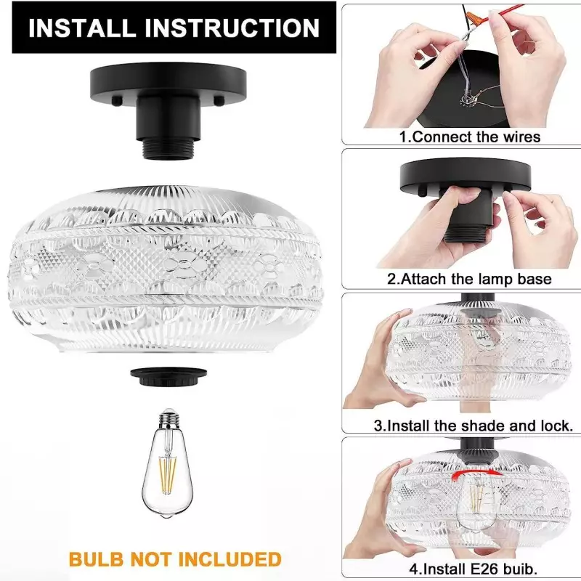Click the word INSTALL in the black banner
[x=82, y=28]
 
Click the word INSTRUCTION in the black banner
[x=232, y=28]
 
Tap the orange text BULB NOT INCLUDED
[x=175, y=559]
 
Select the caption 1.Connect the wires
[x=470, y=137]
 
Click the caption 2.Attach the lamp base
[x=469, y=279]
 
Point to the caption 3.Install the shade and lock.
[x=474, y=426]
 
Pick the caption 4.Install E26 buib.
[x=474, y=568]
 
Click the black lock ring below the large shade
[x=168, y=376]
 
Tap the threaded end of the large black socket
[x=169, y=149]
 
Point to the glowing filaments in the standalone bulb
[x=168, y=476]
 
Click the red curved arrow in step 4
[x=476, y=474]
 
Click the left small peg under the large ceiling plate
[x=118, y=100]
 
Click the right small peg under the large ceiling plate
[x=219, y=100]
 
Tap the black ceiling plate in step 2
[x=466, y=175]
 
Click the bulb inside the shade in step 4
[x=476, y=504]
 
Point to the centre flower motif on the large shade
[x=184, y=264]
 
